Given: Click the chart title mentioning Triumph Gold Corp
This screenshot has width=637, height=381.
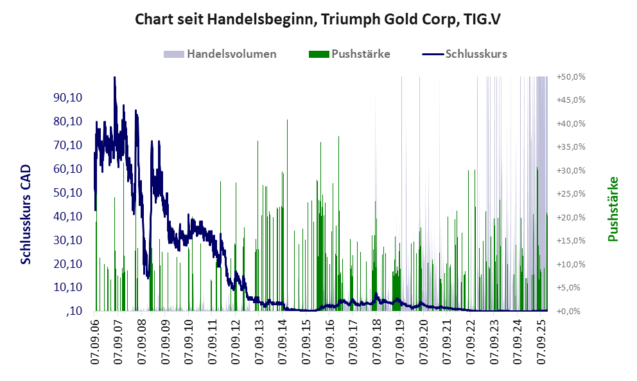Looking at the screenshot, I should [318, 19].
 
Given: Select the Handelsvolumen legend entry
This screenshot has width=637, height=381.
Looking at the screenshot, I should [231, 54].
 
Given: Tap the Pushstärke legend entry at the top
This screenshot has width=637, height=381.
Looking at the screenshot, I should [360, 54].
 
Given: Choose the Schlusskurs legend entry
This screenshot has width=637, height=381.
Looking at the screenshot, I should [476, 54].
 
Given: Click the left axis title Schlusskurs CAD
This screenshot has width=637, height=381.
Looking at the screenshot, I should [26, 214].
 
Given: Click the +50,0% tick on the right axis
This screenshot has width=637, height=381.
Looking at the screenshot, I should [571, 76].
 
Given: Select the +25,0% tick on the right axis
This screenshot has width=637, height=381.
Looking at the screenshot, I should [571, 194].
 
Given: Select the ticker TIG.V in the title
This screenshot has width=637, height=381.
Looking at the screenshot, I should [481, 19].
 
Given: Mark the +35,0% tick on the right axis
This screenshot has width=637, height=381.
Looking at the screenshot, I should [571, 147].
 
